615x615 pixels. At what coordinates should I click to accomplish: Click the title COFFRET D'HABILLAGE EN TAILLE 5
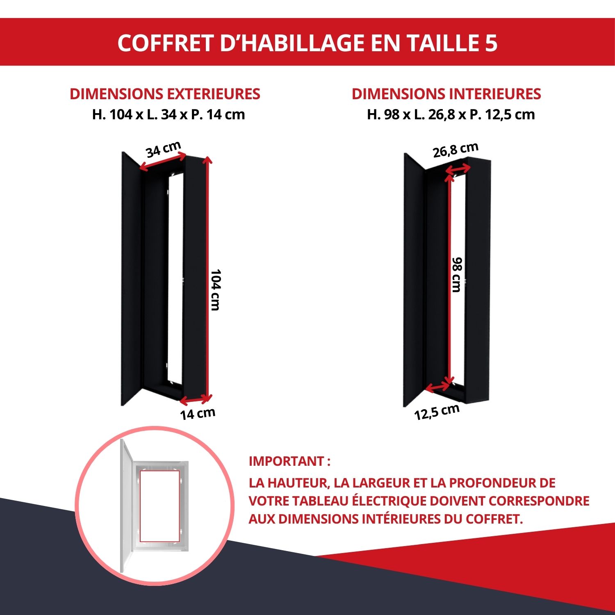[x=307, y=43]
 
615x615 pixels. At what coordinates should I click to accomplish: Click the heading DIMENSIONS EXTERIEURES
[x=165, y=94]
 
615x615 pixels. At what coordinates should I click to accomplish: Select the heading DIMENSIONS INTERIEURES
[x=446, y=94]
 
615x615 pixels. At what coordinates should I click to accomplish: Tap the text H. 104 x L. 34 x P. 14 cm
[x=169, y=114]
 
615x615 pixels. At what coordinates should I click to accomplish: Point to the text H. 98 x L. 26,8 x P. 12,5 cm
[x=451, y=114]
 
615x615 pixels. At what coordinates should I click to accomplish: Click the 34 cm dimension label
[x=163, y=150]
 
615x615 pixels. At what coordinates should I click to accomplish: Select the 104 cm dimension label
[x=216, y=289]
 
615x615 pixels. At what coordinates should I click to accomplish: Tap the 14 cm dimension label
[x=198, y=414]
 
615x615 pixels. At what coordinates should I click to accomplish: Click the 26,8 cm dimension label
[x=456, y=150]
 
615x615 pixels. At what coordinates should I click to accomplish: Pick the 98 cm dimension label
[x=457, y=274]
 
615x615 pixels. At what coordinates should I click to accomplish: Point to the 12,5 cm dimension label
[x=437, y=412]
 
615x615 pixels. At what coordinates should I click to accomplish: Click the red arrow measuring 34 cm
[x=163, y=162]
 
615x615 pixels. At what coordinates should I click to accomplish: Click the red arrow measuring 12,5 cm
[x=438, y=387]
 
